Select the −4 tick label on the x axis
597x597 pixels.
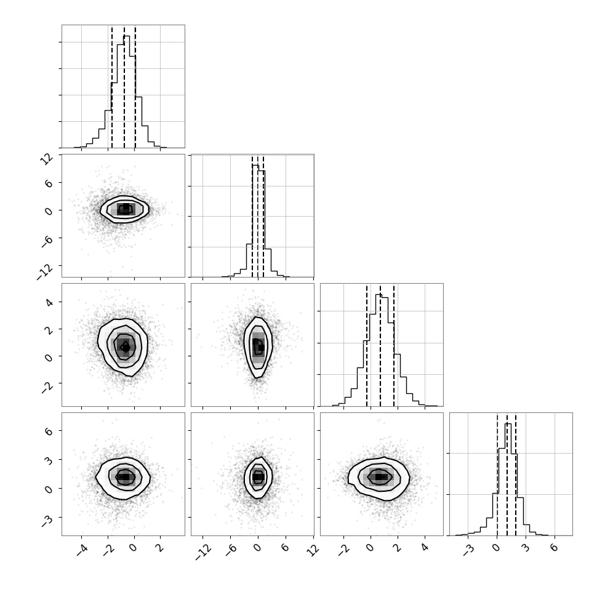82,550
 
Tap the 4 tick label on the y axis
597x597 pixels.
49,302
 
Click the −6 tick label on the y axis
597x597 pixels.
47,241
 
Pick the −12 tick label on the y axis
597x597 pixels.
45,271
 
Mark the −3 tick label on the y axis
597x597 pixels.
47,521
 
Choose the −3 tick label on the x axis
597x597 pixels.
469,550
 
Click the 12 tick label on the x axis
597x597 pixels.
313,550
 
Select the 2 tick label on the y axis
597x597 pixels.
49,329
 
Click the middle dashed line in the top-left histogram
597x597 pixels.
124,87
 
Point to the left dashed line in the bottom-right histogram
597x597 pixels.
497,475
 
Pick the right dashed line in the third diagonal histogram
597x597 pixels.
394,345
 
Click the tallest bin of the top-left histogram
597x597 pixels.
126,92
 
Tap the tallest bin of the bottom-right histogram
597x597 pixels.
508,479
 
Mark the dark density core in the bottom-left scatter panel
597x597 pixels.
126,477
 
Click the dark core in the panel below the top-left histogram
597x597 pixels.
126,208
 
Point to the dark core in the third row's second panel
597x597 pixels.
259,347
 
